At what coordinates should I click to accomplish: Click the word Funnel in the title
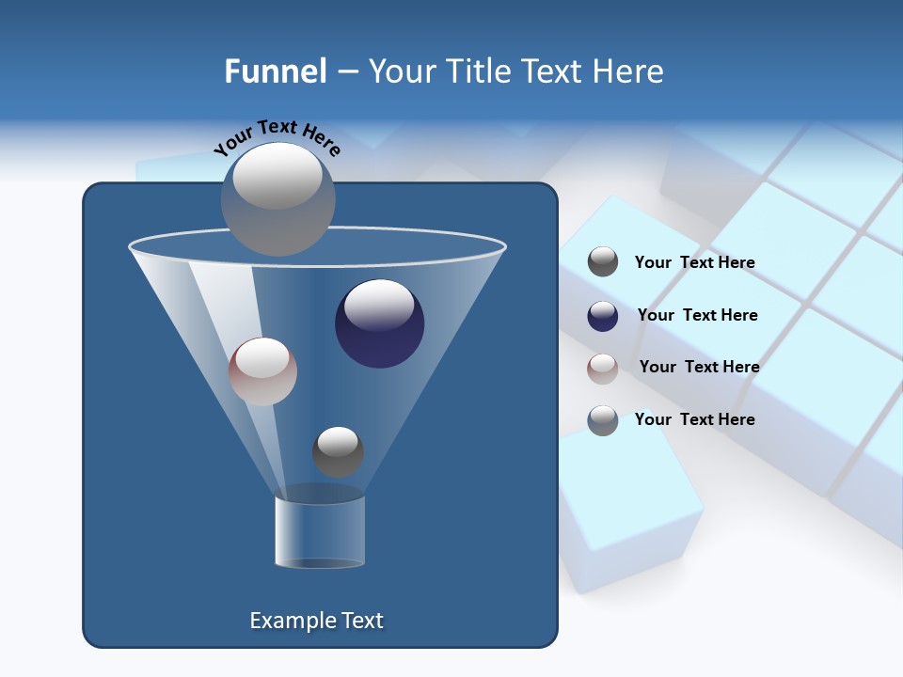pos(275,71)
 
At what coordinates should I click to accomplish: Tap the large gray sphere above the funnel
pos(278,198)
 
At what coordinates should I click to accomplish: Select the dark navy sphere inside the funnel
pos(379,323)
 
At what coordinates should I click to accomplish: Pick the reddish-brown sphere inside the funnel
pos(262,371)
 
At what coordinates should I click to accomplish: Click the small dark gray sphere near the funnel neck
pos(338,452)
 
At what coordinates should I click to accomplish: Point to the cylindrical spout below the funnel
pos(320,532)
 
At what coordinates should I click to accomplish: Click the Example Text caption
pos(316,621)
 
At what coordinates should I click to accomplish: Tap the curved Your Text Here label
pos(277,136)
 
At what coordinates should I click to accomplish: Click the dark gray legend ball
pos(603,262)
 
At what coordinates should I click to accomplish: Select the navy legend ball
pos(603,316)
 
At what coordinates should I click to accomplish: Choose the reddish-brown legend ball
pos(603,368)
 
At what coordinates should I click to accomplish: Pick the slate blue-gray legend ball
pos(603,420)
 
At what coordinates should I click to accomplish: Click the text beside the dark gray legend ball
pos(694,263)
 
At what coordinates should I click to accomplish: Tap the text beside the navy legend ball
pos(697,315)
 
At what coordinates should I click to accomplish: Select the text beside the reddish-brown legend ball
pos(699,367)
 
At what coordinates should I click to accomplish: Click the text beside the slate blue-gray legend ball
pos(694,419)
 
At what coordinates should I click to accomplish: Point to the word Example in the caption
pos(285,621)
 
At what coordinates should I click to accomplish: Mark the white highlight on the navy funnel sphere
pos(379,305)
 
